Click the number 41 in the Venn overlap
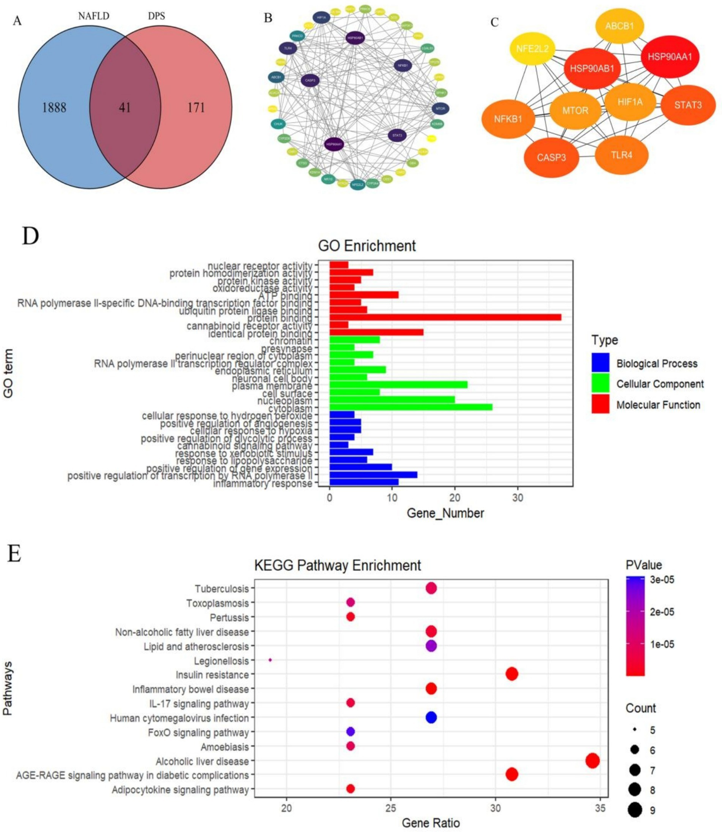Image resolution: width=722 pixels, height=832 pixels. pos(125,108)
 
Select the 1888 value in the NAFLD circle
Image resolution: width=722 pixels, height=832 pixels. pos(54,108)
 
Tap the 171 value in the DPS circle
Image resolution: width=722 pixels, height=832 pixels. pos(196,108)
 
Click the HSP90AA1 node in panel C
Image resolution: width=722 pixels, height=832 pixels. pos(670,57)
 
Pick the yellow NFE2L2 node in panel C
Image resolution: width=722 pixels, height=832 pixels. pos(532,48)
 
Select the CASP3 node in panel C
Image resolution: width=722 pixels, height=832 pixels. pos(551,157)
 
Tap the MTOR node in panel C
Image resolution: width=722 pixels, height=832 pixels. pos(575,110)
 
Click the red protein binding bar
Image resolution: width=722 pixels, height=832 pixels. pos(445,317)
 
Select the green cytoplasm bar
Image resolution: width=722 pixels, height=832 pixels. pos(411,407)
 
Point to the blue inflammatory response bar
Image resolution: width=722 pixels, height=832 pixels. pos(364,482)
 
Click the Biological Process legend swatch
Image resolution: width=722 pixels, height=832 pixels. pos(600,363)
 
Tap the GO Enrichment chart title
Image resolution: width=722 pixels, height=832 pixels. pos(367,246)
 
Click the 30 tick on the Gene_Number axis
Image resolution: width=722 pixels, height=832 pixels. pos(517,497)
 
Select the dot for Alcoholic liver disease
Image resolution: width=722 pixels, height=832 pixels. pos(592,761)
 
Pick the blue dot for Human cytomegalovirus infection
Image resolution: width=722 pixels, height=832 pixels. pos(431,717)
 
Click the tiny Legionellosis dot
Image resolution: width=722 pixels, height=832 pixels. pos(270,660)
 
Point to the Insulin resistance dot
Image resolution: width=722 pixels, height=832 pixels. pos(512,674)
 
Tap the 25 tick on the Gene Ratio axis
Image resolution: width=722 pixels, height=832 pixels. pos(390,808)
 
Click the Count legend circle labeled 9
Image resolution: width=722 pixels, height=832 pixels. pos(635,810)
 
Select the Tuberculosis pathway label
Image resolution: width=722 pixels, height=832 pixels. pos(222,589)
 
